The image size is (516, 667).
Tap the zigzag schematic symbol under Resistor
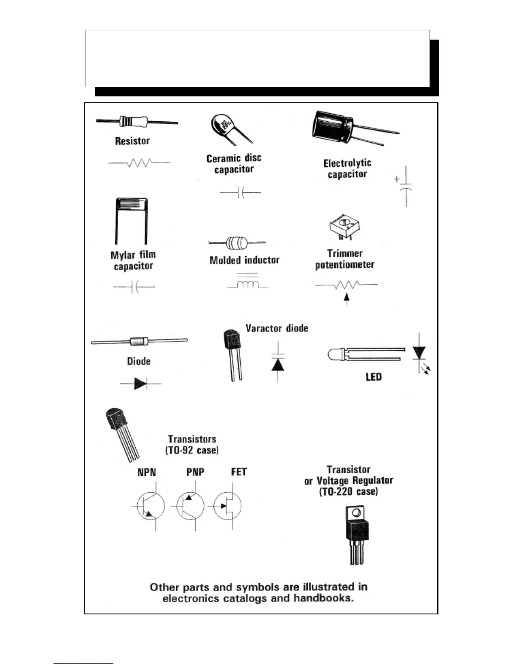139,163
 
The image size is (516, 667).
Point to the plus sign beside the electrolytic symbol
397,179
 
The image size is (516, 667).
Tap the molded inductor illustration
237,243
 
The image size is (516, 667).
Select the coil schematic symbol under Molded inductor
247,285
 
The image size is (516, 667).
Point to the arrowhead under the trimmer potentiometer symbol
347,297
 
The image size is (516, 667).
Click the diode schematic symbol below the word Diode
140,384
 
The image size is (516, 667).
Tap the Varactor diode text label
277,328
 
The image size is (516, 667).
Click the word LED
374,377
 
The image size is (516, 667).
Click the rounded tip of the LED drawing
331,355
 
